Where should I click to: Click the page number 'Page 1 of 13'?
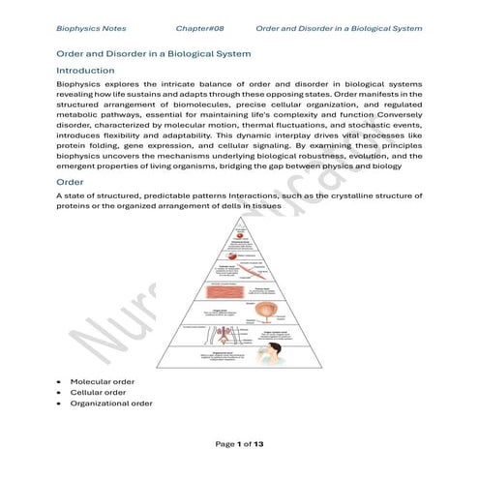tap(240, 444)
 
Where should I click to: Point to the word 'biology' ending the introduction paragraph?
tap(404, 167)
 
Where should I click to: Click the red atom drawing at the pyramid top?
tap(238, 234)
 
